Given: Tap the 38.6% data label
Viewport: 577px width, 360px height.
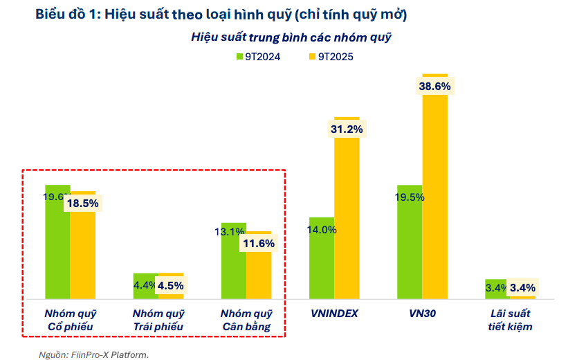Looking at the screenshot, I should (x=434, y=87).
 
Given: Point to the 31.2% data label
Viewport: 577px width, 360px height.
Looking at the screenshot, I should (x=347, y=129).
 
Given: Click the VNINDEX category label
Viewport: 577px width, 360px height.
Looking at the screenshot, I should (x=333, y=313).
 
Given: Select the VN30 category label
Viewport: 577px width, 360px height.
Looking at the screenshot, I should (x=423, y=313).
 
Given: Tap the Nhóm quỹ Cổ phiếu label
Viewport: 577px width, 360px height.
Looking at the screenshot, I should (x=70, y=319).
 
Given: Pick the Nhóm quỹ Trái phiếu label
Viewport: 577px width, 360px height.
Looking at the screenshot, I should (x=158, y=319).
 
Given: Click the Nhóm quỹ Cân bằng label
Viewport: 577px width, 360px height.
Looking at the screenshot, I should (x=246, y=319).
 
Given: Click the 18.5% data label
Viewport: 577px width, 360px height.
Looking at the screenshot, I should (x=82, y=204).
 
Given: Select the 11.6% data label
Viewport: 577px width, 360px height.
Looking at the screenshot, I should (x=259, y=243).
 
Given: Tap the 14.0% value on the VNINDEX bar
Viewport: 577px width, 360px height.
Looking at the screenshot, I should (x=322, y=230).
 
